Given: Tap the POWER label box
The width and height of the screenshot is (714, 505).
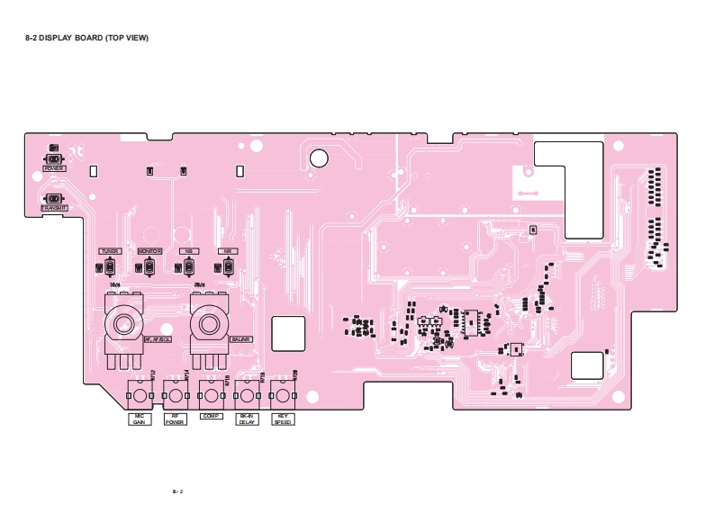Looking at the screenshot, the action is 54,168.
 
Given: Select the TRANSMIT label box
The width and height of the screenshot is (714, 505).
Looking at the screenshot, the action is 54,208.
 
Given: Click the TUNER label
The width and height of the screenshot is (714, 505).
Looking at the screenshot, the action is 110,251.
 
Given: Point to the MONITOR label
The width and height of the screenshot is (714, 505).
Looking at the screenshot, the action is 149,251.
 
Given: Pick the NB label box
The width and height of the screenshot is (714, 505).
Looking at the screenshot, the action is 188,251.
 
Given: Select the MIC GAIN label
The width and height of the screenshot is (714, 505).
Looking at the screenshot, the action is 140,419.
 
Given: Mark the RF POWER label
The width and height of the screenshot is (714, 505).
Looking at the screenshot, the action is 175,419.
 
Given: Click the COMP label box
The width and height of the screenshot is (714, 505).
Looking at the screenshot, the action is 211,416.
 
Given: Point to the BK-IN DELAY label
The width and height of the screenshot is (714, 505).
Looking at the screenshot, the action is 247,419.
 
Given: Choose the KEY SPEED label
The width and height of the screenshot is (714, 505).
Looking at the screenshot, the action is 283,419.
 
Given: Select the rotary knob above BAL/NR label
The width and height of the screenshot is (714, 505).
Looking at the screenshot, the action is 209,323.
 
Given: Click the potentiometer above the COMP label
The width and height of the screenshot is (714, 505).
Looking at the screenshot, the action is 211,395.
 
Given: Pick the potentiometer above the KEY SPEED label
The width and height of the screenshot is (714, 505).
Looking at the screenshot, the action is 283,395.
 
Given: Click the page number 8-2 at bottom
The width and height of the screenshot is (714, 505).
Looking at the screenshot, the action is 177,491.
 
